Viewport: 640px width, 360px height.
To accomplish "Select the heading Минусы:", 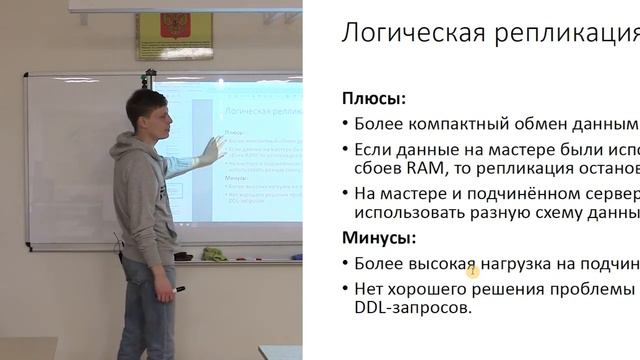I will (381, 238).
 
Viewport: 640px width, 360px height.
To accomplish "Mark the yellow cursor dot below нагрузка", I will (473, 271).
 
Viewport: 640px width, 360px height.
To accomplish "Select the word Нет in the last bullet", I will (370, 288).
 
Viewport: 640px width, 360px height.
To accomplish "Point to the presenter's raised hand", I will (211, 150).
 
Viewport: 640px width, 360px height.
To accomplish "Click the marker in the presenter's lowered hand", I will (178, 290).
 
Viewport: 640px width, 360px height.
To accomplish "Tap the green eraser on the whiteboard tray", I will (214, 254).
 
